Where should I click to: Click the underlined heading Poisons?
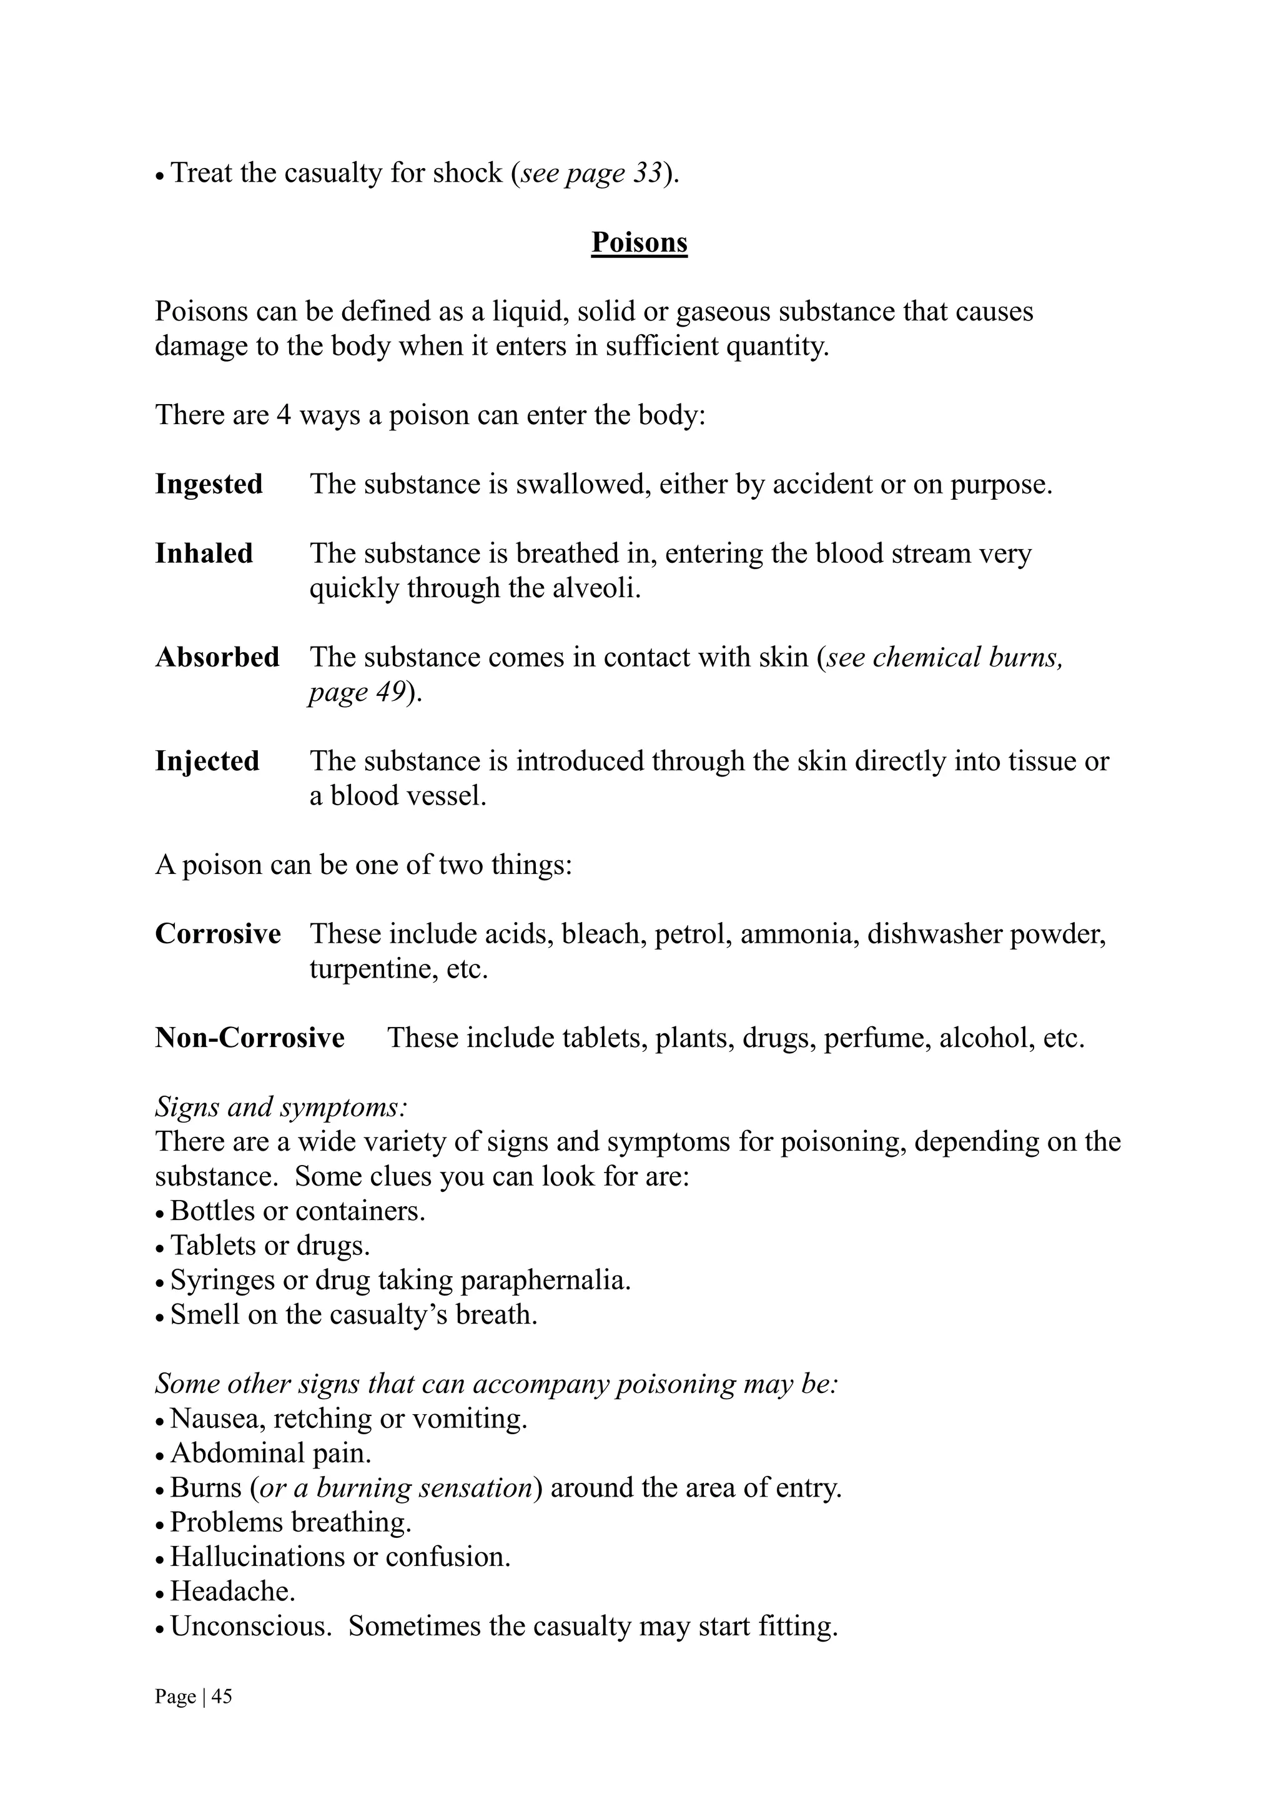pyautogui.click(x=639, y=242)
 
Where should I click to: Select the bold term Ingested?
pyautogui.click(x=209, y=483)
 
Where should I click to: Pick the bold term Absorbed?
pyautogui.click(x=217, y=657)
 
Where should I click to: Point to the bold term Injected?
pyautogui.click(x=207, y=761)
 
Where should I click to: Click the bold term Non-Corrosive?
pyautogui.click(x=250, y=1038)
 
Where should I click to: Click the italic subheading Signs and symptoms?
pyautogui.click(x=281, y=1107)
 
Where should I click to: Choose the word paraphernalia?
pyautogui.click(x=545, y=1281)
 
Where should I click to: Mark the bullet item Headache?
pyautogui.click(x=232, y=1592)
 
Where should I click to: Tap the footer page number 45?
pyautogui.click(x=222, y=1697)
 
